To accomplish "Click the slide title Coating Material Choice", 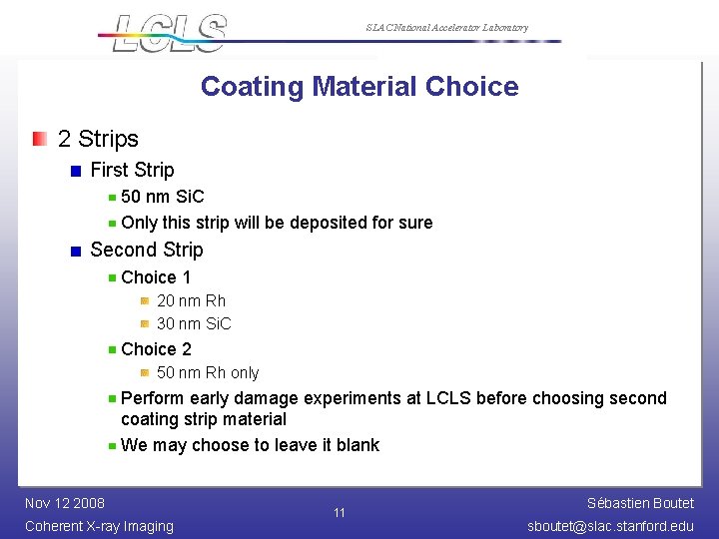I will (359, 86).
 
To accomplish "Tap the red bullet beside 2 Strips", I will (38, 139).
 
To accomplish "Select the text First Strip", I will (132, 170).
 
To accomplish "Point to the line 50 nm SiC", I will (162, 197).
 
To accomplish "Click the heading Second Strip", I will (146, 250).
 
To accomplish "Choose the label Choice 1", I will (156, 276).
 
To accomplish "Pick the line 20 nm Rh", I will (191, 300).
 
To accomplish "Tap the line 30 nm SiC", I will (194, 323).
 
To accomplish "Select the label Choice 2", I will (156, 348).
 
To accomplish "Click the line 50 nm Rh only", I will (208, 372).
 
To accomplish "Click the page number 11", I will (340, 513).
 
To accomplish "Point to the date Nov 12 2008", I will (65, 502).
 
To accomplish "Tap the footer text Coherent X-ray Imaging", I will (99, 526).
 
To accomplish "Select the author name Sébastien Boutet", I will (640, 503).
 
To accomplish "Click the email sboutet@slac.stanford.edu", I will (610, 526).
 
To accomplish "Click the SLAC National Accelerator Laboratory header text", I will (446, 28).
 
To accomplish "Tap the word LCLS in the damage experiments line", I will (448, 398).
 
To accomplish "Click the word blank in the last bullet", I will (358, 445).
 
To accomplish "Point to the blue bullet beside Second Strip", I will (76, 251).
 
